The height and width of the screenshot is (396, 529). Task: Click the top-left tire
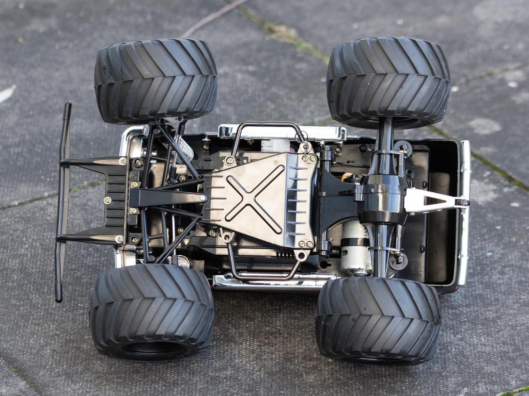155,81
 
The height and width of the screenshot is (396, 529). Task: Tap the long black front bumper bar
63,201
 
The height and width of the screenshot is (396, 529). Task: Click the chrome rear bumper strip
464,211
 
